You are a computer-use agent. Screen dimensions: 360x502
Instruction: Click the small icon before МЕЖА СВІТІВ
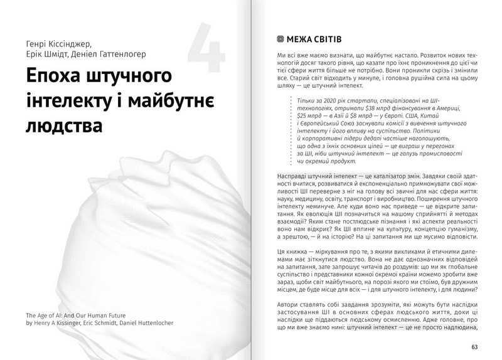click(x=280, y=39)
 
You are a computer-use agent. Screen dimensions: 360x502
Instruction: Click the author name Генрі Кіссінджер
click(x=55, y=45)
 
